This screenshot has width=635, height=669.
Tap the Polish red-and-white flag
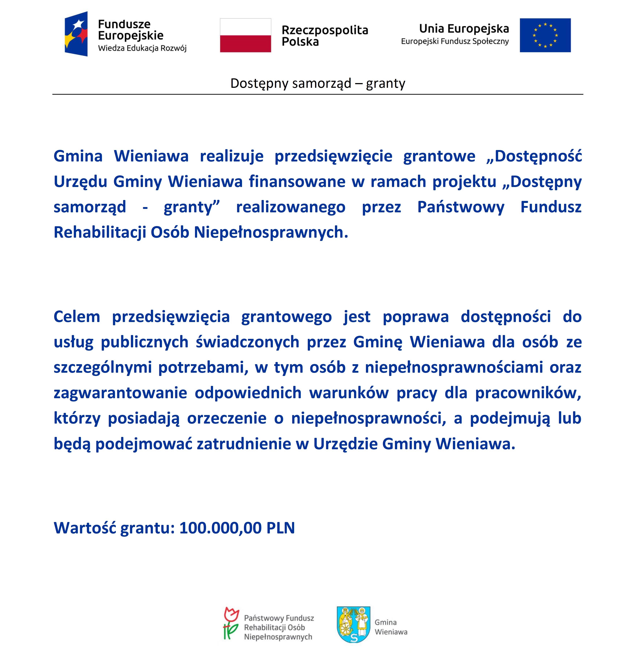[245, 35]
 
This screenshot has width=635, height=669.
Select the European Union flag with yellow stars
[545, 35]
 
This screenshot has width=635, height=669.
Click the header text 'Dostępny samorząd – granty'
[317, 83]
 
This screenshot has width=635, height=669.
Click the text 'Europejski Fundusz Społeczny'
[455, 42]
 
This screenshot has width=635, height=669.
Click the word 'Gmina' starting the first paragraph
[78, 156]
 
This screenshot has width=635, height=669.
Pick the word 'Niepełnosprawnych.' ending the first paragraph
[271, 233]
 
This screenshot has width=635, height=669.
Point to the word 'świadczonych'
[247, 342]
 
